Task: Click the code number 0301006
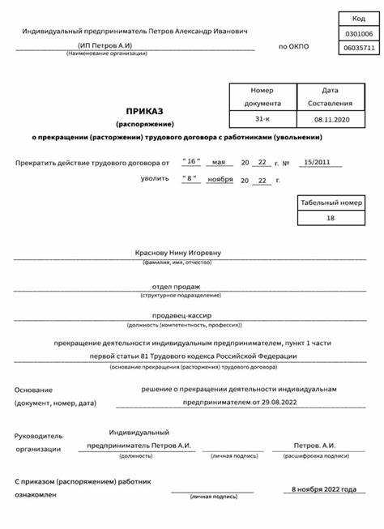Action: (359, 34)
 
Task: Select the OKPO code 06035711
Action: (359, 49)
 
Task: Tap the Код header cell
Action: (359, 18)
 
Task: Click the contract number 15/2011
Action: (315, 163)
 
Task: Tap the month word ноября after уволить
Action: (220, 178)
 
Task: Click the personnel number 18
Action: (330, 219)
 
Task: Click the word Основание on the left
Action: (33, 390)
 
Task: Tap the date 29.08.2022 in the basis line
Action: (276, 401)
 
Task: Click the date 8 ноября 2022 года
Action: (323, 489)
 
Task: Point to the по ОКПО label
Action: (293, 47)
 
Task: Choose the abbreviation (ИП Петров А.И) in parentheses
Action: (105, 45)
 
